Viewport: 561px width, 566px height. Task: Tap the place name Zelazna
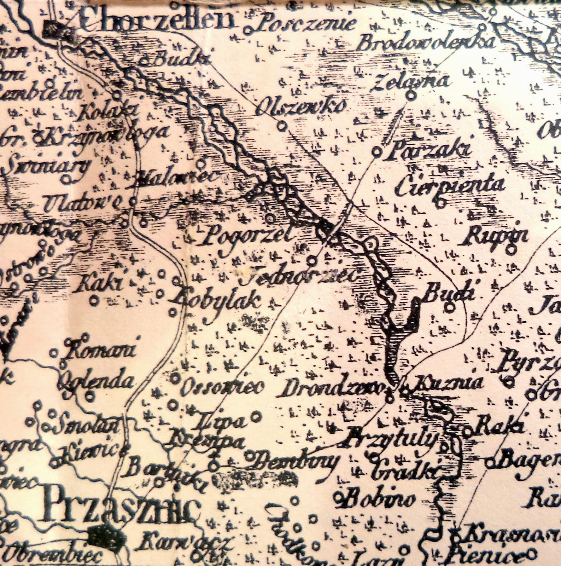point(412,81)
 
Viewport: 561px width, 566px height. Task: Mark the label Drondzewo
point(332,389)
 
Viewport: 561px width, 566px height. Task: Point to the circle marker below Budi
point(449,308)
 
